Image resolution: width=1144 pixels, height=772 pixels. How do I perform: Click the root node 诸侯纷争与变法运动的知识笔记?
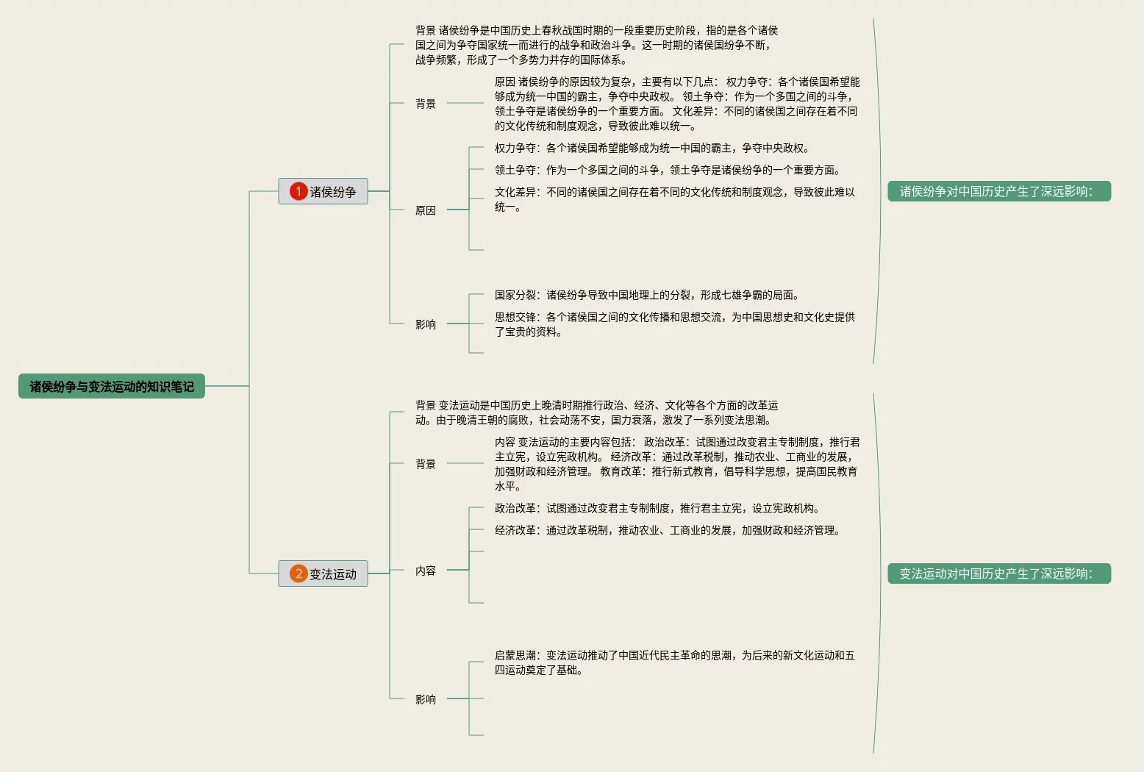[112, 386]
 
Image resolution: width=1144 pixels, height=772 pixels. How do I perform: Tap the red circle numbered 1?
[298, 191]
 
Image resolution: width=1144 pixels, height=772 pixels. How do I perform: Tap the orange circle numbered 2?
[298, 573]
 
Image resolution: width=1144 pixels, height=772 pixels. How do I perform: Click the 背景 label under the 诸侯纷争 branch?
[426, 104]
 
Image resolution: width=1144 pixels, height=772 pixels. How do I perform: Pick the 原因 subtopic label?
[426, 210]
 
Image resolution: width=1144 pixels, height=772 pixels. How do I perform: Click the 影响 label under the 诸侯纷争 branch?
[426, 324]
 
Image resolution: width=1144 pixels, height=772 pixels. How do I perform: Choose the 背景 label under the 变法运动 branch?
[426, 464]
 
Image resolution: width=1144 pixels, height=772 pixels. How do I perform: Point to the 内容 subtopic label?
[426, 571]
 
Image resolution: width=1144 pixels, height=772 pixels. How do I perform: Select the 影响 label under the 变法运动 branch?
[426, 699]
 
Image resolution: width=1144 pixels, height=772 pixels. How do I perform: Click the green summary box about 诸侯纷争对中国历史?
[998, 191]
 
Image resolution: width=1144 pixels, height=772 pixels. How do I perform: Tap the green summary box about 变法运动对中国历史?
[998, 573]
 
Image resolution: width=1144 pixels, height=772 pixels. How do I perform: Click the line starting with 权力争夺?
[651, 148]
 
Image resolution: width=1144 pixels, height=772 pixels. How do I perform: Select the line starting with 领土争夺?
[667, 170]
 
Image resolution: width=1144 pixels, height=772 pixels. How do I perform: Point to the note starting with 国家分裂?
[646, 295]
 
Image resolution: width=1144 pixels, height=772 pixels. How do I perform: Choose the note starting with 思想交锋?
[674, 324]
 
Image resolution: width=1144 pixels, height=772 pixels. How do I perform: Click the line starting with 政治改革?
[657, 508]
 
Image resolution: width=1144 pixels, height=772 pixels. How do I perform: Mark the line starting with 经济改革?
[667, 530]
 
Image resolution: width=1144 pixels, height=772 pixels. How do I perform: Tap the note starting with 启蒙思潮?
[674, 662]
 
